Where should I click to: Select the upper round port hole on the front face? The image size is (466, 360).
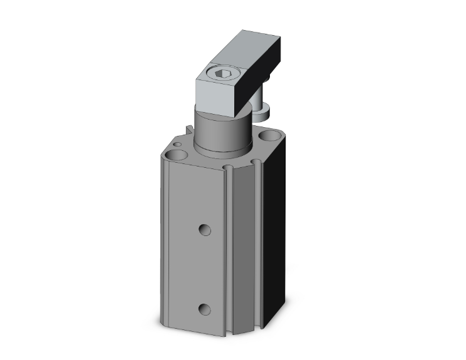coord(205,230)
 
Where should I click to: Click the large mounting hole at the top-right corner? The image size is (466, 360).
coord(272,135)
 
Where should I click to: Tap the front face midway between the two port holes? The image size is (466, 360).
coord(204,269)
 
